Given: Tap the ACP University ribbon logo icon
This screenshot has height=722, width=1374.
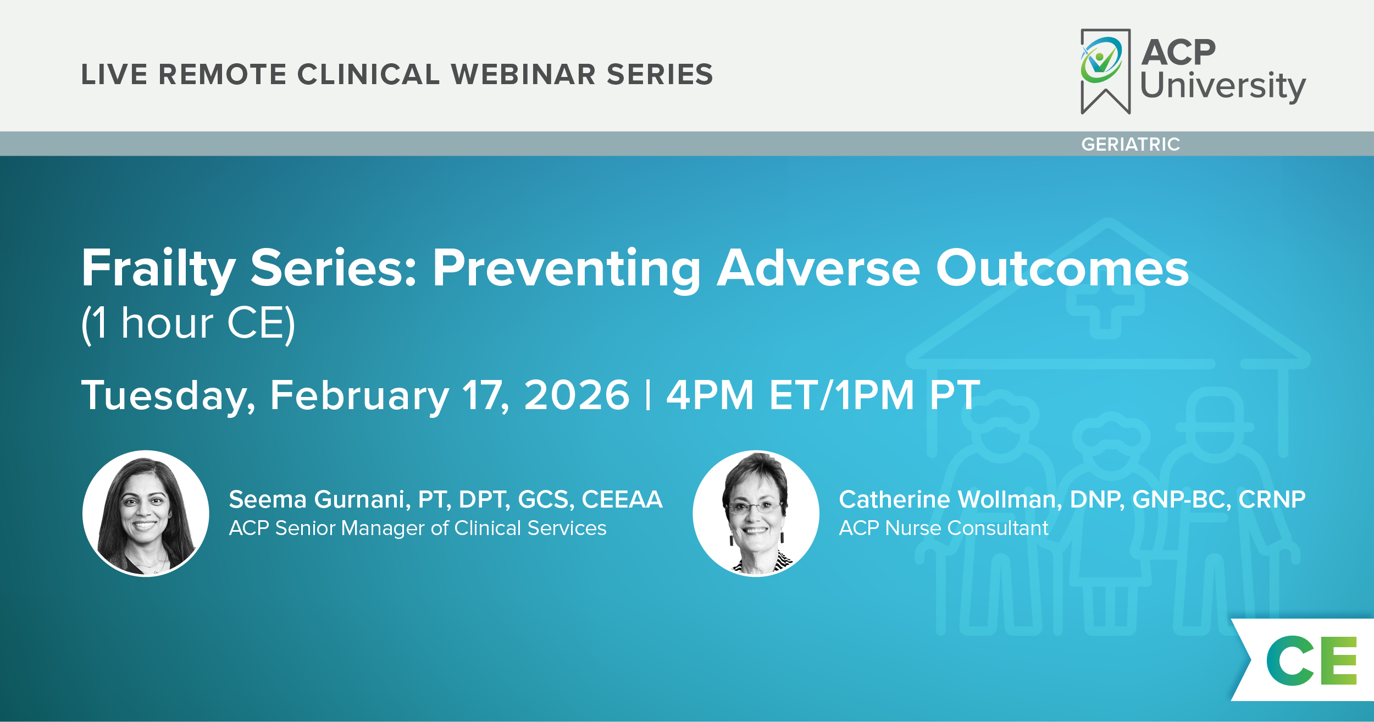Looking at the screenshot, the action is click(x=1105, y=71).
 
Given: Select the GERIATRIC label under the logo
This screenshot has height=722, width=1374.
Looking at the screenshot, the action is click(x=1131, y=144).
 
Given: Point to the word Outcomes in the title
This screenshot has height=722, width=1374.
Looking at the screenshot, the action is click(x=1062, y=268).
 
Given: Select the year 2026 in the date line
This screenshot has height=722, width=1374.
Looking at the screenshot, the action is click(x=577, y=395).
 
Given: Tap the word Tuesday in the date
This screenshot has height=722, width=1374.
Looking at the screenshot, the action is click(x=168, y=396).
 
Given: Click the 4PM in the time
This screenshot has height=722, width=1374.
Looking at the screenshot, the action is click(x=710, y=395).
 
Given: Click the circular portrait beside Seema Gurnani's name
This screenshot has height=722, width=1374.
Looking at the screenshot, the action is click(x=146, y=514).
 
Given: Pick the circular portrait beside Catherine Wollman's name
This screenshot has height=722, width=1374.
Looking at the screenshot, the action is click(x=756, y=514).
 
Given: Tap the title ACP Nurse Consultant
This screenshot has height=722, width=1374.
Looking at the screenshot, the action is click(x=944, y=528).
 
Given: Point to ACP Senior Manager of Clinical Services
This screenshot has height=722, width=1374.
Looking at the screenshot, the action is click(x=418, y=528).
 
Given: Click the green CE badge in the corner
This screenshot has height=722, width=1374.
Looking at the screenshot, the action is click(x=1311, y=660).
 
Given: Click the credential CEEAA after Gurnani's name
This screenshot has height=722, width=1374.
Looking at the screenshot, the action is click(x=622, y=499).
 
